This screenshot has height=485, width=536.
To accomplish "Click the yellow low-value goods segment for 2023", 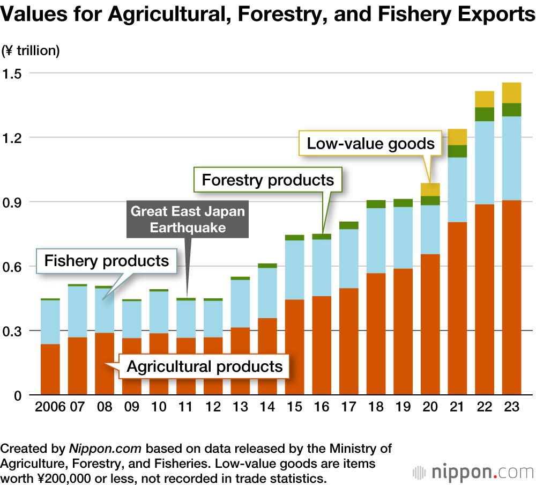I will [511, 92].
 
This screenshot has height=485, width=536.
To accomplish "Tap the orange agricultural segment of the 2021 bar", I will [457, 308].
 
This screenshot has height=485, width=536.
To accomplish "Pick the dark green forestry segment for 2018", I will [376, 204].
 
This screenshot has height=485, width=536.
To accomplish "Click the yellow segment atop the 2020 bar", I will [430, 189].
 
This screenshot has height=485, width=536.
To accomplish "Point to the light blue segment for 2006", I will [50, 322].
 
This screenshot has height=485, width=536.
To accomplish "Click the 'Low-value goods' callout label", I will [370, 143].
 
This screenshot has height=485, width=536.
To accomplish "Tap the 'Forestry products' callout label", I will [268, 180].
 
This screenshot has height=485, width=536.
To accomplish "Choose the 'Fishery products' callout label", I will [107, 261].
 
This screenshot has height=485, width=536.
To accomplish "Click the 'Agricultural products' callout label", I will [204, 367].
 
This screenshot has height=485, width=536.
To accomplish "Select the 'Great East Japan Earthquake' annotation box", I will [188, 219].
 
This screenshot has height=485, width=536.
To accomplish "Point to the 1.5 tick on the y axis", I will [16, 73].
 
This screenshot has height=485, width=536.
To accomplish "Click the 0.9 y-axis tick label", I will [16, 202].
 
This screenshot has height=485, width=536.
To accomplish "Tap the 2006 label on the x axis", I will [50, 407].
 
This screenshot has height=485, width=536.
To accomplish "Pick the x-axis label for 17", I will [348, 407].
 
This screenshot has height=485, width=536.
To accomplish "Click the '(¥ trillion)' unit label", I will [31, 51].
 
